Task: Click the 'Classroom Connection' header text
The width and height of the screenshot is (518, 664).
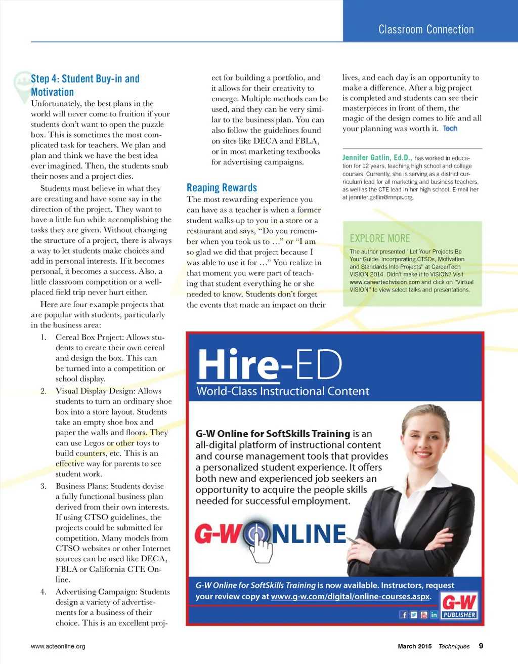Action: point(426,29)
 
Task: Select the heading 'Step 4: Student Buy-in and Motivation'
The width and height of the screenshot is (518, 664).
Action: point(84,85)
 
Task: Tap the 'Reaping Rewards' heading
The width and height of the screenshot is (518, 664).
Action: point(222,188)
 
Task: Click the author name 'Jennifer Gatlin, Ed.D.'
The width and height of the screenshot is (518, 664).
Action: point(377,157)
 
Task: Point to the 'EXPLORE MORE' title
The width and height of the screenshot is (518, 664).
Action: point(380,238)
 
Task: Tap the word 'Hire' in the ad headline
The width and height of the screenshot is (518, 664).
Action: point(238,364)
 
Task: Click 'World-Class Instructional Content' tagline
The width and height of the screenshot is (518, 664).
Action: point(283,391)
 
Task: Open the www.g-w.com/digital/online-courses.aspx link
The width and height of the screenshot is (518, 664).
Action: point(351,597)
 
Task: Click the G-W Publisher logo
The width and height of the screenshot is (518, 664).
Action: point(459,606)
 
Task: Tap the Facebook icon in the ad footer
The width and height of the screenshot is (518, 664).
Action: point(404,615)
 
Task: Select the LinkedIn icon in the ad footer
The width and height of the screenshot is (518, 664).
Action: point(434,615)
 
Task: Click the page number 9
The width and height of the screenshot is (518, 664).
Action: point(481,646)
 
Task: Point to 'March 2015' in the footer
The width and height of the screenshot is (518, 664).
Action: point(415,646)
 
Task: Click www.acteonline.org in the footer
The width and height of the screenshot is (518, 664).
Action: point(58,646)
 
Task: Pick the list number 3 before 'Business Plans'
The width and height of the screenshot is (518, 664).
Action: point(44,486)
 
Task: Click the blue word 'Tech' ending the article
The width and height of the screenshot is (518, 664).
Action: point(450,129)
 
